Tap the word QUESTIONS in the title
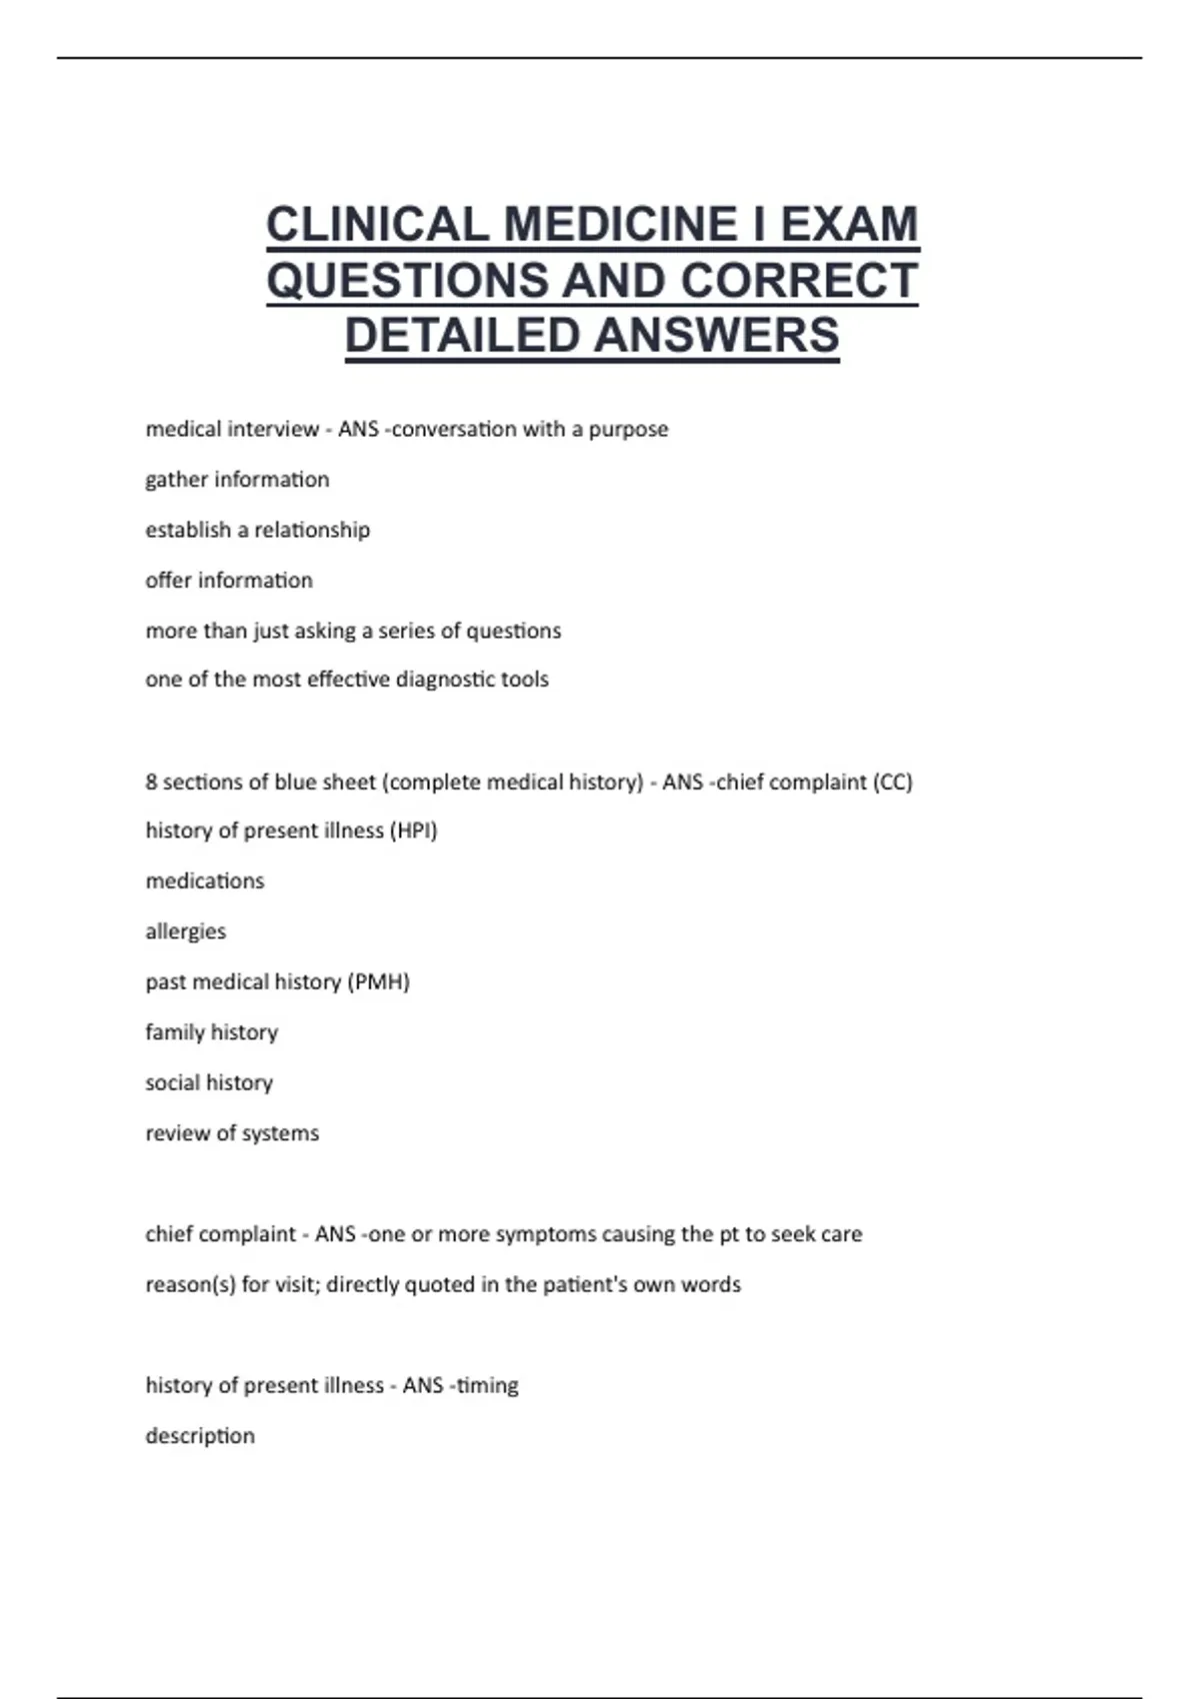click(407, 281)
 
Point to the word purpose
click(628, 430)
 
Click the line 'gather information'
click(237, 480)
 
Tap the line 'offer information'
click(229, 581)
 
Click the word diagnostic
click(445, 680)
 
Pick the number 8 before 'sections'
click(151, 783)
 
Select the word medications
click(205, 881)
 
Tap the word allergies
click(186, 932)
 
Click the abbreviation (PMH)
click(378, 982)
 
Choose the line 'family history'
click(212, 1032)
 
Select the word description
click(200, 1436)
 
